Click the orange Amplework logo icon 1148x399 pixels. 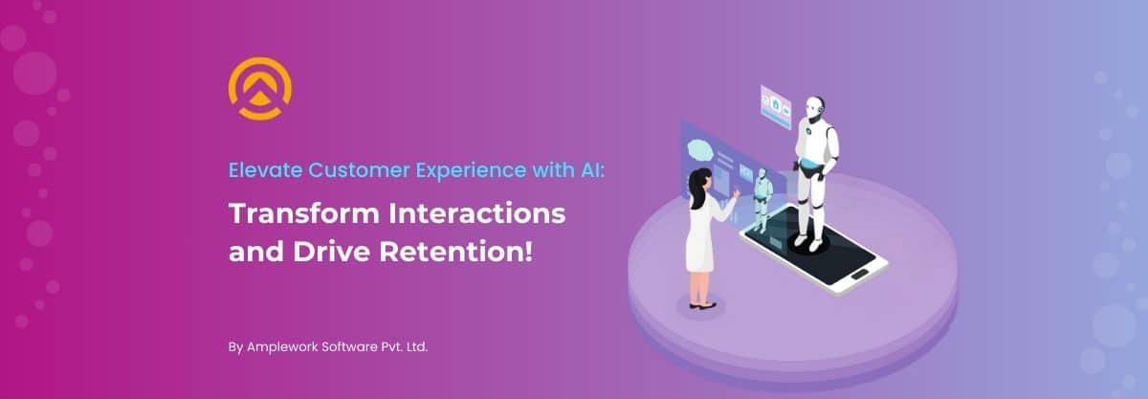[260, 88]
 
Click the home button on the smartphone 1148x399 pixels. [859, 275]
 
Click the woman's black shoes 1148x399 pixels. [703, 305]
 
